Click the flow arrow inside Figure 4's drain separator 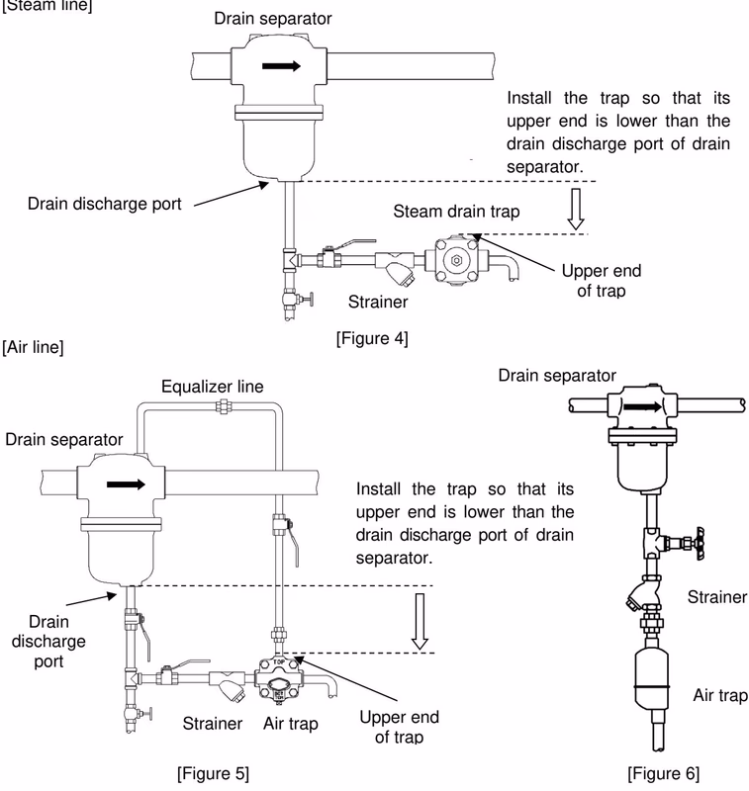[x=281, y=65]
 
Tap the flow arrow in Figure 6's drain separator [x=642, y=406]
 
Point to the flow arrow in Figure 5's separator [x=126, y=484]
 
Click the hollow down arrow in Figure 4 [x=576, y=209]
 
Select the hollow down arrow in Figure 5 [x=420, y=622]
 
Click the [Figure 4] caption [x=372, y=338]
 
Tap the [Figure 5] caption [x=213, y=773]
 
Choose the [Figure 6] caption [x=663, y=773]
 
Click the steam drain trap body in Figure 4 [x=456, y=260]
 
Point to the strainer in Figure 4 [x=395, y=266]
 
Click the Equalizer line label [x=213, y=387]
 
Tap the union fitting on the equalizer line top [x=223, y=406]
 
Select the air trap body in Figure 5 [x=278, y=678]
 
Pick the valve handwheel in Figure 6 [x=700, y=544]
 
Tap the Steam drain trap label [x=456, y=212]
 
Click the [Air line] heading [x=33, y=347]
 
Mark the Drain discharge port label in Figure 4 [x=105, y=204]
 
